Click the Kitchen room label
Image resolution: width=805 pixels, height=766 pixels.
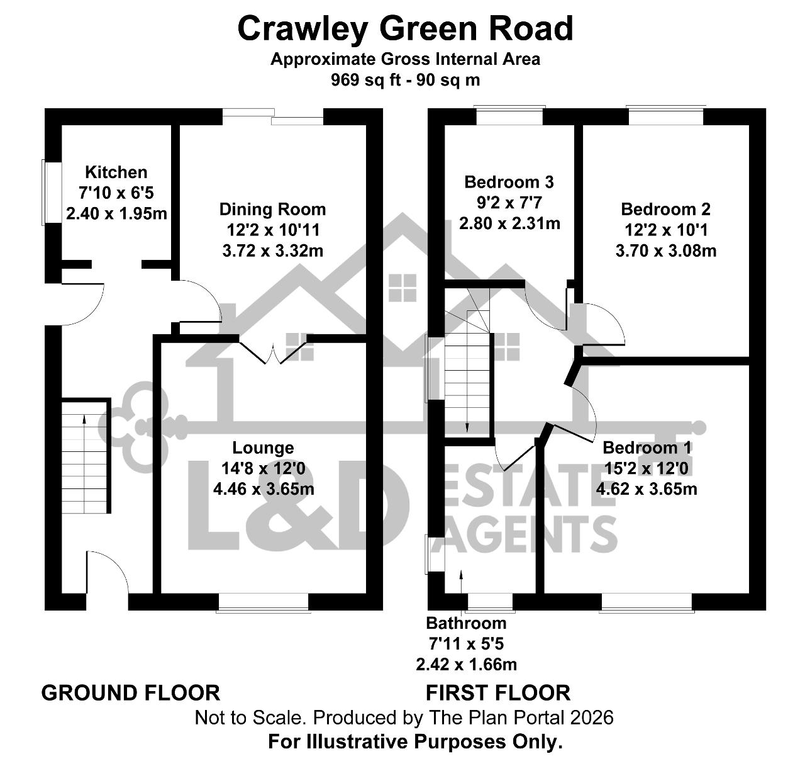[116, 172]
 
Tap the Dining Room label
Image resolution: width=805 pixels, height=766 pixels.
[272, 210]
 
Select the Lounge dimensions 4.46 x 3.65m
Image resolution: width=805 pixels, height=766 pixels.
[264, 489]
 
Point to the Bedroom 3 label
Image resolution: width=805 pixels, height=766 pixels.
[509, 182]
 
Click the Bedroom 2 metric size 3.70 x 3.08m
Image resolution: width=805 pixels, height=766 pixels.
[666, 251]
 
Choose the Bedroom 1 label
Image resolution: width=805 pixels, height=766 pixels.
[647, 448]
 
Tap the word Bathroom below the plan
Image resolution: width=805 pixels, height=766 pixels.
[466, 623]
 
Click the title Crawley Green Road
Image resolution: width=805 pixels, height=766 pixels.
[405, 29]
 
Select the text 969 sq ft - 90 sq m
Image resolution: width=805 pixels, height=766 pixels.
[405, 80]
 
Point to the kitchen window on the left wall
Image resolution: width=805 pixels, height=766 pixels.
[51, 192]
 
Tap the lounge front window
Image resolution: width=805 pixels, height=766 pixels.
[264, 602]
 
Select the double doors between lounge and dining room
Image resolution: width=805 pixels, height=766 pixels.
[273, 352]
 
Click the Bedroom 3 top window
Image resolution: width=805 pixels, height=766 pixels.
[509, 115]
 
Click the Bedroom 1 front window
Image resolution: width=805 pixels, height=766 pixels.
[647, 602]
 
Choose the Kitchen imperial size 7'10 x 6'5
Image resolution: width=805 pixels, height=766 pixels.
[116, 193]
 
